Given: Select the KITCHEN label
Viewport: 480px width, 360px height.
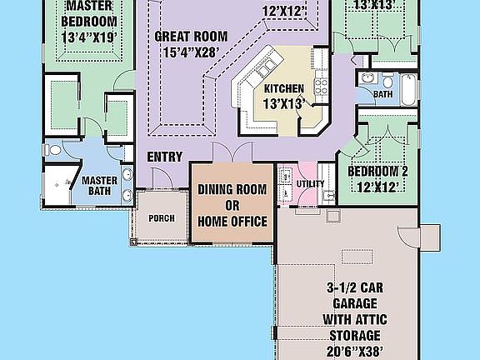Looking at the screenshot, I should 283,89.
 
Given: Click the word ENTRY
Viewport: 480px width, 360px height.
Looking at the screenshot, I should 165,157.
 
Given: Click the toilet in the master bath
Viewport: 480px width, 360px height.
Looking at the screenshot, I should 52,151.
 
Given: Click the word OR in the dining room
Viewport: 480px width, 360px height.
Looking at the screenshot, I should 232,205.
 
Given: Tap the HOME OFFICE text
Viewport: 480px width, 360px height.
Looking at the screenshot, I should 232,221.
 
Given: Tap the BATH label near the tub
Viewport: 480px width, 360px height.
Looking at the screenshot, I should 382,94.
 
